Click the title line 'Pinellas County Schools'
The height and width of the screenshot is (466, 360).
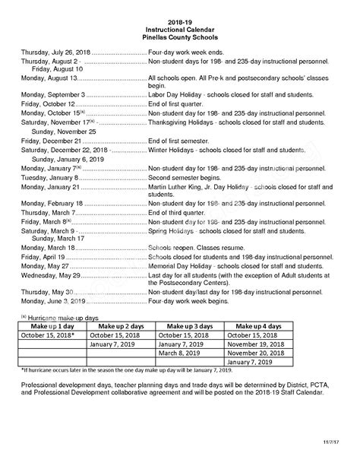pyautogui.click(x=180, y=36)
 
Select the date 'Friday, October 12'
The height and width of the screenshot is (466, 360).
pyautogui.click(x=47, y=103)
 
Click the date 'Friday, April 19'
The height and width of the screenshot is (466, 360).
pyautogui.click(x=43, y=257)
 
